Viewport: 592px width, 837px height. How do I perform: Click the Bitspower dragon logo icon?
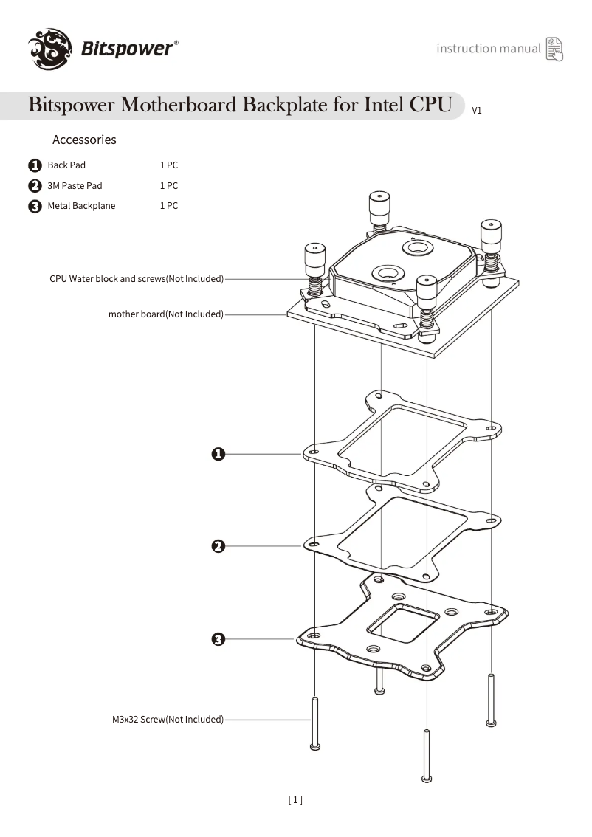click(50, 49)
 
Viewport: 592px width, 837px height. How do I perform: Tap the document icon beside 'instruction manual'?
click(554, 49)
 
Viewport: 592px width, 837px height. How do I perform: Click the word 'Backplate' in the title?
click(286, 105)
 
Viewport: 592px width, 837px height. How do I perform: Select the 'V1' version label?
click(477, 111)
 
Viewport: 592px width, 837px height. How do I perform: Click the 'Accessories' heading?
click(84, 139)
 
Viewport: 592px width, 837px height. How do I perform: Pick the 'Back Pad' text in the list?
click(66, 165)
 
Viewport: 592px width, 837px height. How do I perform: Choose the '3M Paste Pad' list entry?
click(75, 186)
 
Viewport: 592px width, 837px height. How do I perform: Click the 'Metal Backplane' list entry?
click(81, 206)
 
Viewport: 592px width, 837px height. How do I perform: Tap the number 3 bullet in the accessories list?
click(35, 207)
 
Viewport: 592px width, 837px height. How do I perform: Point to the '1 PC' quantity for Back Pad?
click(169, 165)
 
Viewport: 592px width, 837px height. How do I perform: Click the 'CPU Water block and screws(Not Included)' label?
click(136, 279)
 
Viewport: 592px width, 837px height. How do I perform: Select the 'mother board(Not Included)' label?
click(165, 314)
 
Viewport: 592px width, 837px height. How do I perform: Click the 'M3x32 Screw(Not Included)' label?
click(163, 719)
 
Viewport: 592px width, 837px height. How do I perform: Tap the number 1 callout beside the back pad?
click(218, 454)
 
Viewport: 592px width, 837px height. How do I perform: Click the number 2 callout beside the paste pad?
click(218, 546)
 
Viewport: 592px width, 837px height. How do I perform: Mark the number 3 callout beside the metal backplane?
click(218, 639)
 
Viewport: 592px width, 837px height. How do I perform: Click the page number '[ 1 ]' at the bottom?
click(295, 799)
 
